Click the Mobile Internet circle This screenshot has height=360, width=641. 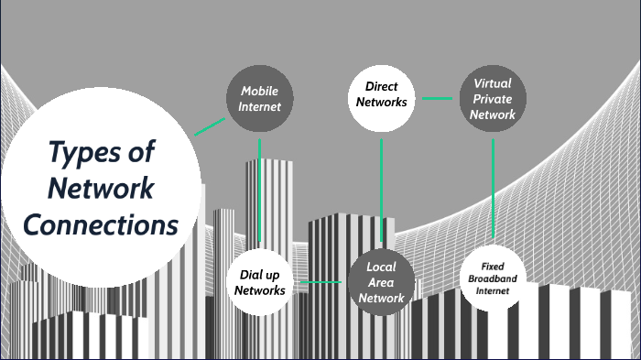pyautogui.click(x=259, y=99)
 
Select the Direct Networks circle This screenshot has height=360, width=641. pyautogui.click(x=379, y=94)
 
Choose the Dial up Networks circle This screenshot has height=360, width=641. pyautogui.click(x=260, y=282)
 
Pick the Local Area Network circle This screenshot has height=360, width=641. pyautogui.click(x=381, y=282)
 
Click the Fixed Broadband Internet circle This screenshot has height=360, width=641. pyautogui.click(x=493, y=277)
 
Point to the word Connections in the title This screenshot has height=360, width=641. pyautogui.click(x=101, y=224)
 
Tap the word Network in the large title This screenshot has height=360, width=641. pyautogui.click(x=101, y=188)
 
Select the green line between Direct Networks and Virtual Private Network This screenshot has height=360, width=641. pyautogui.click(x=437, y=97)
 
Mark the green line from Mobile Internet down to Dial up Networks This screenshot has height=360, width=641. pyautogui.click(x=260, y=192)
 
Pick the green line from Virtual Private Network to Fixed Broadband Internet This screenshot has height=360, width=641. pyautogui.click(x=494, y=188)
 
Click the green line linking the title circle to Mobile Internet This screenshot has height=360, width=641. pyautogui.click(x=210, y=126)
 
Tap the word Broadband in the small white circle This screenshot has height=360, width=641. pyautogui.click(x=493, y=278)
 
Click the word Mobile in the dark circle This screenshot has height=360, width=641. pyautogui.click(x=259, y=92)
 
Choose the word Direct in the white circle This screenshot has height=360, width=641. pyautogui.click(x=380, y=87)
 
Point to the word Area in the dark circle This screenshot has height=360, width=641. pyautogui.click(x=381, y=282)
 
